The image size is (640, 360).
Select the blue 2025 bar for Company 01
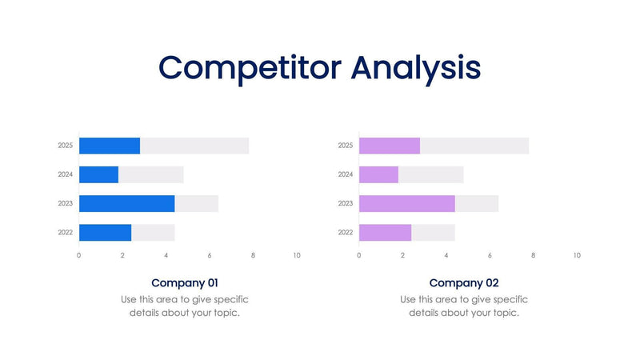point(110,146)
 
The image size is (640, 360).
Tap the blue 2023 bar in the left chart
point(126,203)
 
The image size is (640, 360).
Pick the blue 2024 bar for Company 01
point(98,174)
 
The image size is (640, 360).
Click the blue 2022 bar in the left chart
point(105,233)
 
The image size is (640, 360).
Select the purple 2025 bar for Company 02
point(390,146)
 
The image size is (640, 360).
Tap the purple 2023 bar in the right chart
point(406,203)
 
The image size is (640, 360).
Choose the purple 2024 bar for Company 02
point(378,174)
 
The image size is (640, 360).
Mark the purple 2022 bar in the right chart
point(385,233)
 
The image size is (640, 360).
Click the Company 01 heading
point(184,282)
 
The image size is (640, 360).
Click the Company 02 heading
point(464,282)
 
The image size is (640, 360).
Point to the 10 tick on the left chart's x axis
point(297,255)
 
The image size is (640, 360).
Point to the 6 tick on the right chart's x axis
point(490,255)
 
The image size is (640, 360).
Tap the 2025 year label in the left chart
point(66,146)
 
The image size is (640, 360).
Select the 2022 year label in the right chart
point(346,233)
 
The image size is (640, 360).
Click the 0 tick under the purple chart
point(359,255)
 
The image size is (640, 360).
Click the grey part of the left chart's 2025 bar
point(194,146)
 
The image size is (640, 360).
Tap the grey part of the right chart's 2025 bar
point(474,146)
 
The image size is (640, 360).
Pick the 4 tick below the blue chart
point(166,255)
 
